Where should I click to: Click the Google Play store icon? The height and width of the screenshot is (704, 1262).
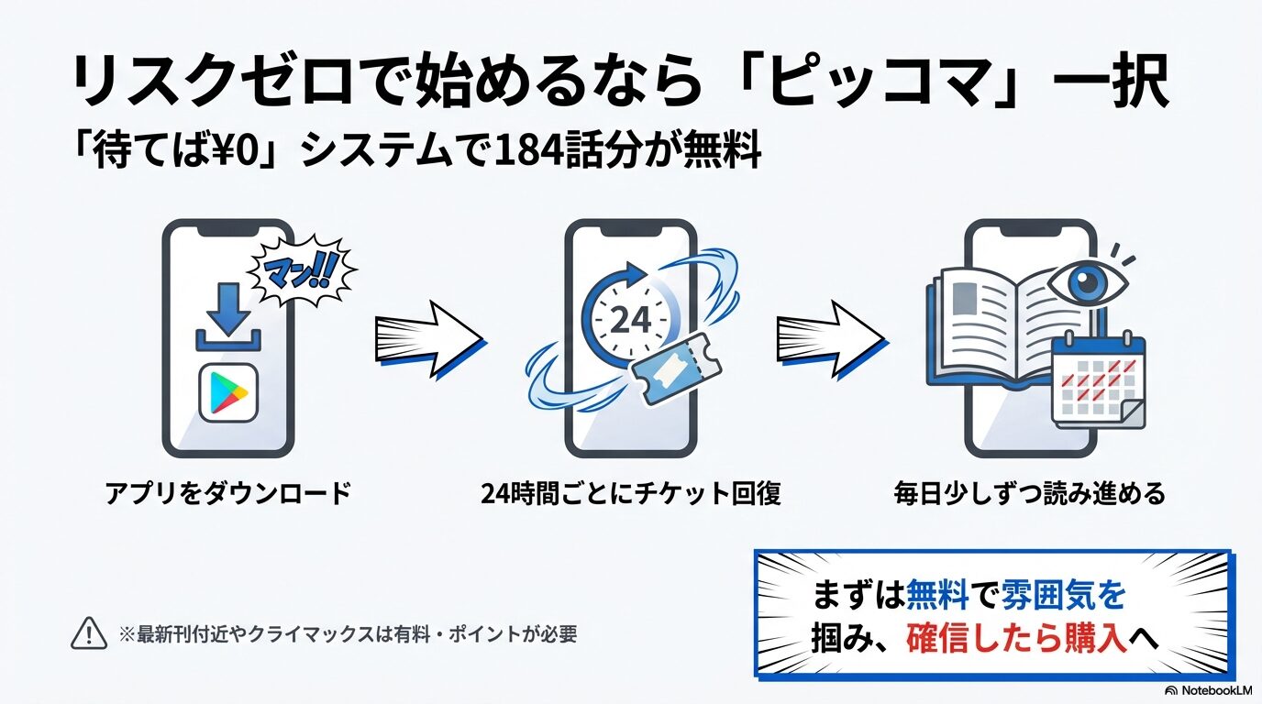tap(228, 392)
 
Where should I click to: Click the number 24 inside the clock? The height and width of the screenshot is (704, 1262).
tap(630, 320)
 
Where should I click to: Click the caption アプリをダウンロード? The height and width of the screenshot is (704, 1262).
tap(228, 494)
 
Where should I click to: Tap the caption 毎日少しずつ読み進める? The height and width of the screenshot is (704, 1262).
tap(1030, 494)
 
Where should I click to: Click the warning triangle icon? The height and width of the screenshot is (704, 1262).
tap(89, 633)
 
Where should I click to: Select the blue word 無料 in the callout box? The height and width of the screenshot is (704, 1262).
tap(937, 596)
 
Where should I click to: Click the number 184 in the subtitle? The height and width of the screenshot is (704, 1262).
tap(524, 151)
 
